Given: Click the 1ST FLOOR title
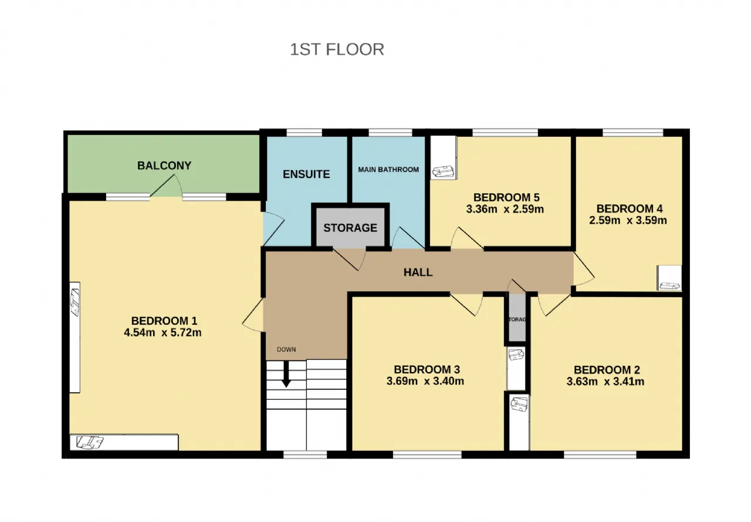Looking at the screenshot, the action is coord(337,49).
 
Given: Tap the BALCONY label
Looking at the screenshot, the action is coord(164,166).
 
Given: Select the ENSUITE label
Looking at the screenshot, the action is coord(306,174).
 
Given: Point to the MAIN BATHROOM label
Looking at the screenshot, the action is coord(388,170).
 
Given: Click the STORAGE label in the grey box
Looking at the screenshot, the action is coord(350,228).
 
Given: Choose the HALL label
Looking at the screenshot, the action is coord(418,272).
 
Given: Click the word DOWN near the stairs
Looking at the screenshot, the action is coord(286,349).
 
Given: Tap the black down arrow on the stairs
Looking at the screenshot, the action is coord(286,373).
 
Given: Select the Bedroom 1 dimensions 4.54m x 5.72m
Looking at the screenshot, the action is coord(163,332).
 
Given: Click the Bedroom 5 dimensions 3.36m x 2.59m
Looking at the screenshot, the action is coord(505,209).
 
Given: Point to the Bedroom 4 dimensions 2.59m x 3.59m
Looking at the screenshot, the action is coord(628,220).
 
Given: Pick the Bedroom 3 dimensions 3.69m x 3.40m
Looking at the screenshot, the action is coord(425,381).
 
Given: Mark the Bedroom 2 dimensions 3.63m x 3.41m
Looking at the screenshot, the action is coord(605,382).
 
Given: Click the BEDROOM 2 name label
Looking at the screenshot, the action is coord(607,370).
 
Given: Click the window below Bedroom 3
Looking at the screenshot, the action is coord(427,454).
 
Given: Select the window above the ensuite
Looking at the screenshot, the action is coord(305,133).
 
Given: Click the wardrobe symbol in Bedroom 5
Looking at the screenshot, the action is coord(443,157).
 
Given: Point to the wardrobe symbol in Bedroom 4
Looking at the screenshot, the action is coord(669,278).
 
